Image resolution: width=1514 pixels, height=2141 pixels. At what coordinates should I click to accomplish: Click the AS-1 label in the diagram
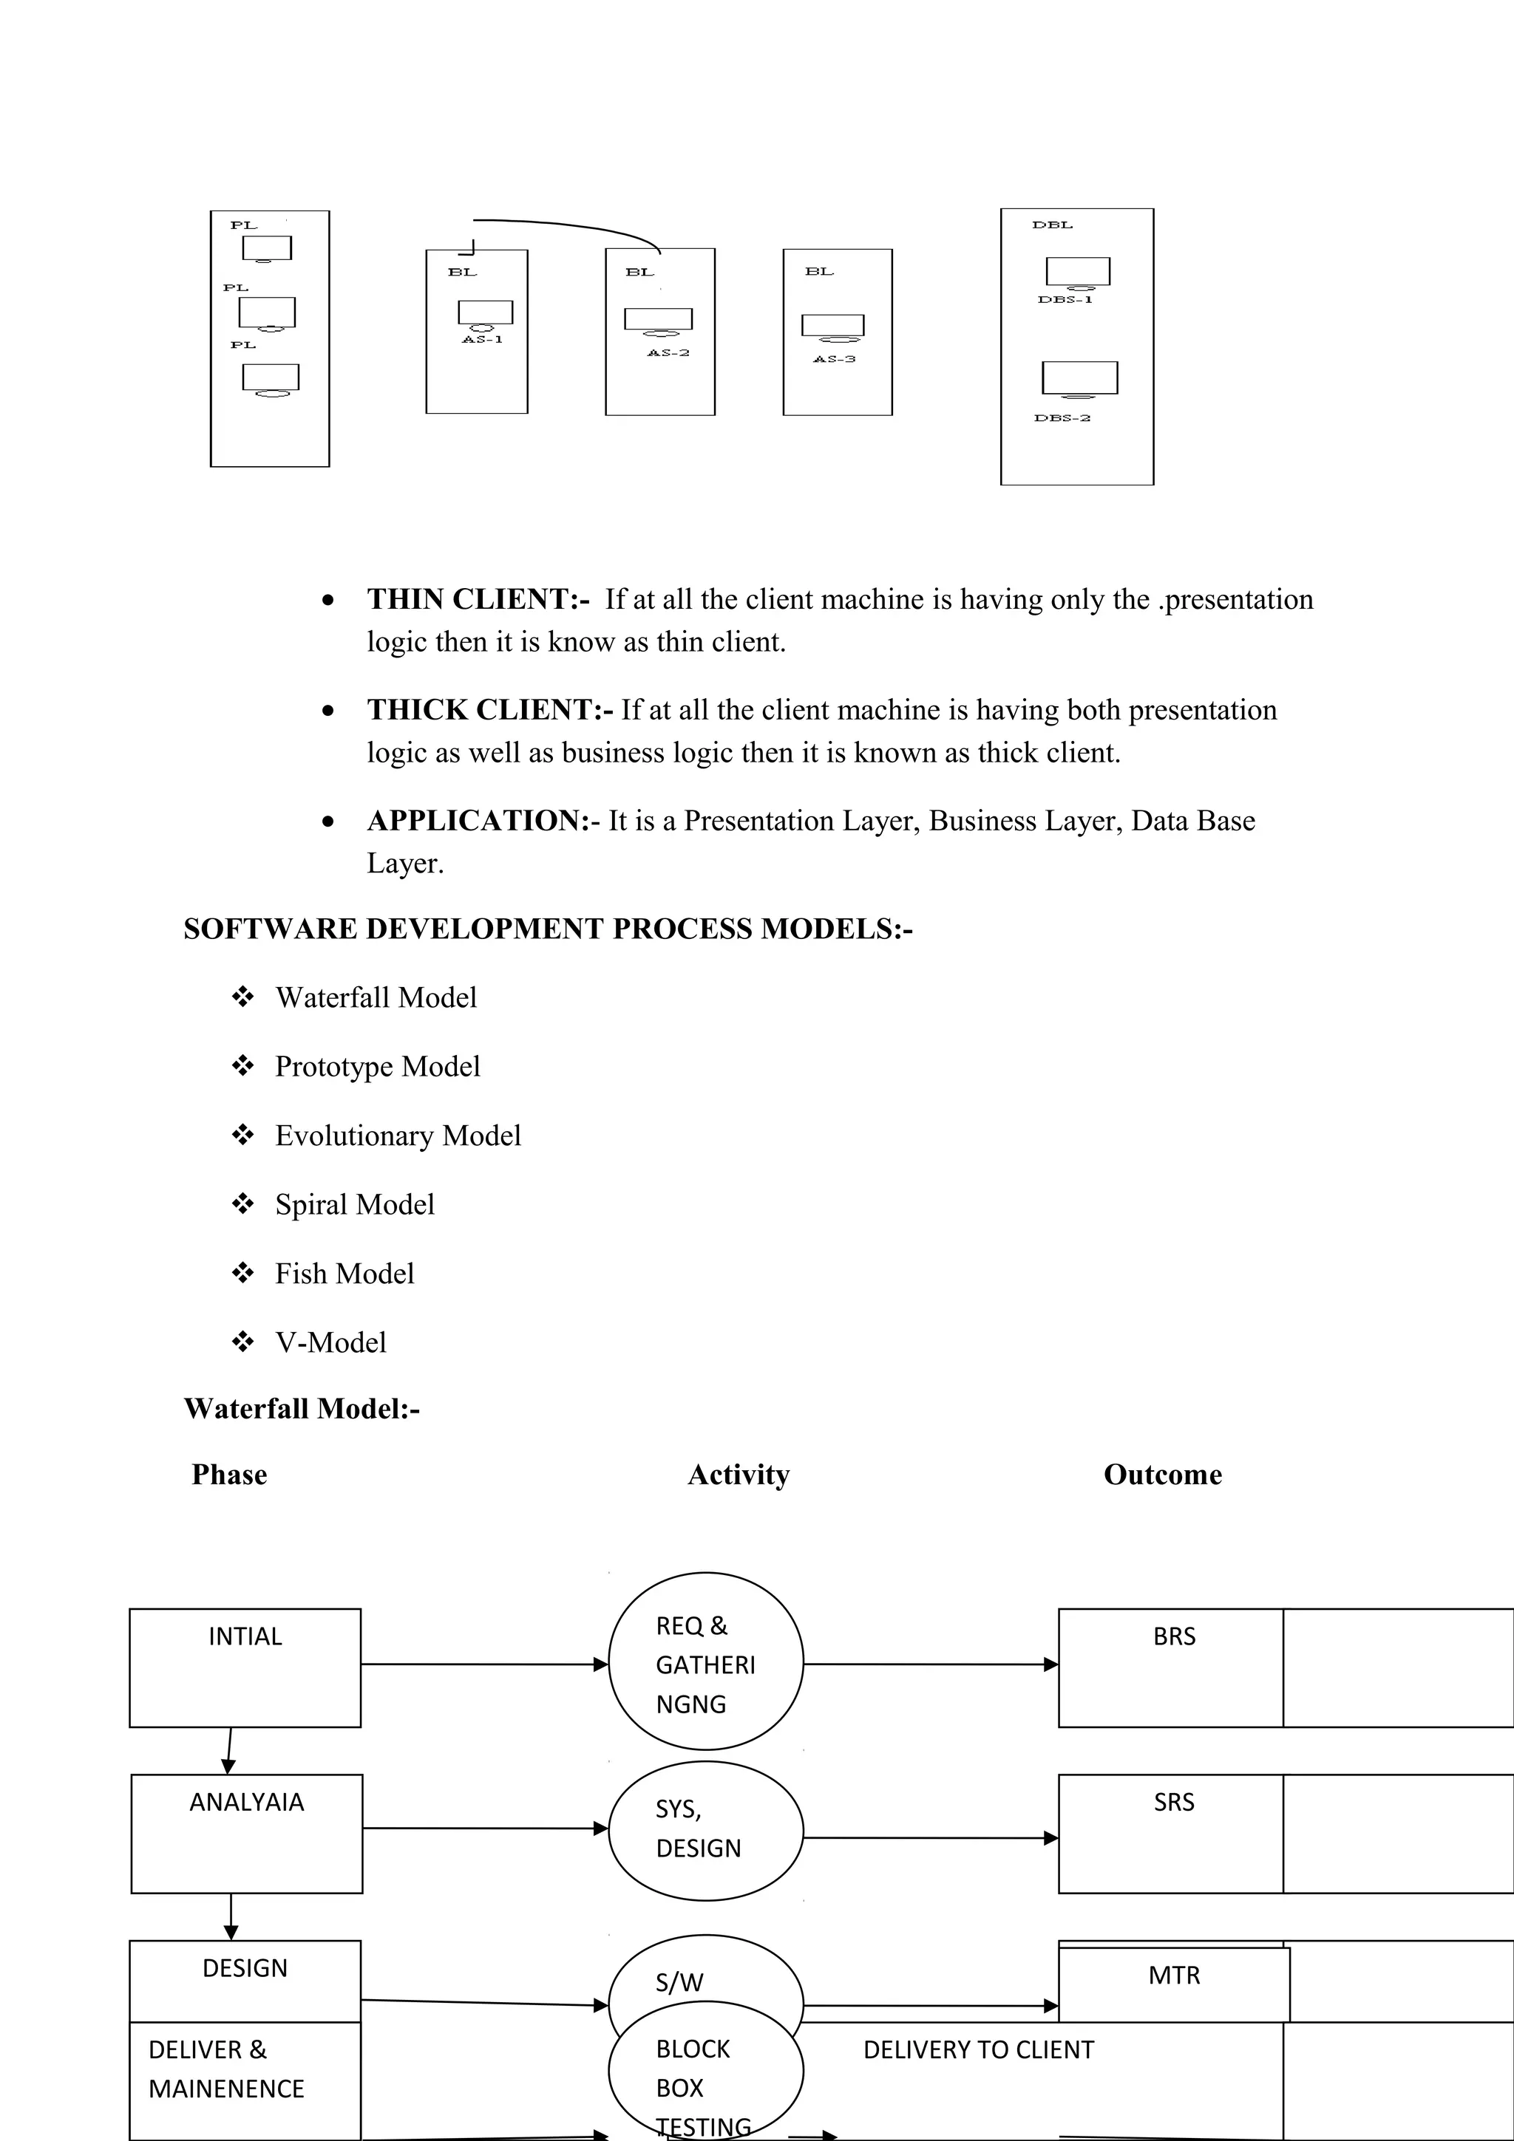click(x=482, y=339)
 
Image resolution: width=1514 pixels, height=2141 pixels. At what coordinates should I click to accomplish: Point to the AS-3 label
click(x=834, y=359)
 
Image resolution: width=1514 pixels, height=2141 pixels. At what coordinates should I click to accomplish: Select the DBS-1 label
click(x=1065, y=300)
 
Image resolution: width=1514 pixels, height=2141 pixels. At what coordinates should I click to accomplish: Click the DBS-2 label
click(x=1062, y=417)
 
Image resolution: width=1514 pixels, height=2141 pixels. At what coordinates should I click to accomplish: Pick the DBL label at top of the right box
click(x=1052, y=225)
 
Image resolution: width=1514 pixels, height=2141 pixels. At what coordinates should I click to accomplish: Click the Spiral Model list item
click(x=355, y=1205)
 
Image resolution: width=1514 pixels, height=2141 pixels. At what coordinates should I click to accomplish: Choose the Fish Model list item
click(x=344, y=1274)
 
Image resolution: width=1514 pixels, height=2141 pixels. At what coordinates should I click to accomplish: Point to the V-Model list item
click(x=330, y=1343)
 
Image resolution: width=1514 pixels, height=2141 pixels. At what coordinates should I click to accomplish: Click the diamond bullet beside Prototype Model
click(x=242, y=1066)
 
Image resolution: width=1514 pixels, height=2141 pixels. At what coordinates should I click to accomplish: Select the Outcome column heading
click(x=1162, y=1475)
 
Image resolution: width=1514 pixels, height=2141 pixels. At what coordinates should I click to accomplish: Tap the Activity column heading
click(x=738, y=1475)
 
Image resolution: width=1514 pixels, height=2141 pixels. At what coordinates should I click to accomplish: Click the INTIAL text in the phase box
click(x=245, y=1636)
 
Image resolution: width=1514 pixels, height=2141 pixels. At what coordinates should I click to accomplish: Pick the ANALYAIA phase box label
click(x=246, y=1803)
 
